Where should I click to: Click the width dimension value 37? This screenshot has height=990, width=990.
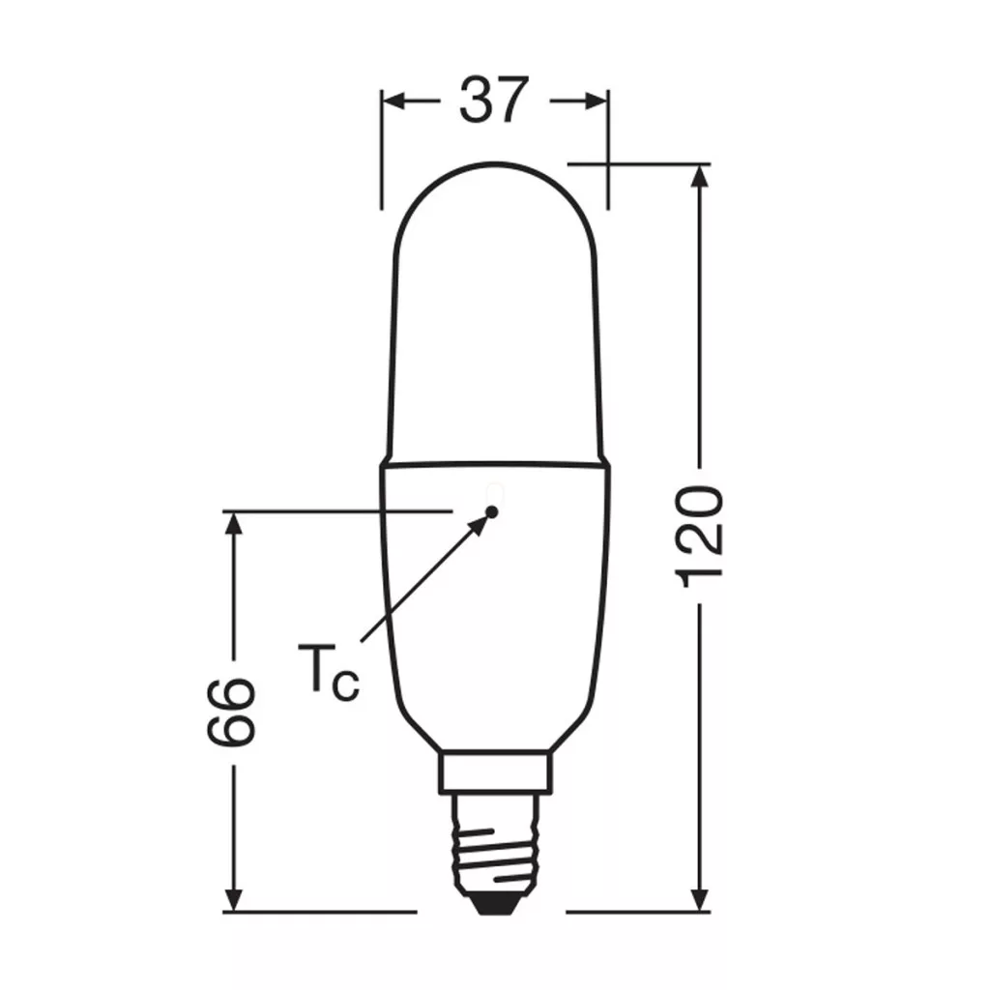[493, 100]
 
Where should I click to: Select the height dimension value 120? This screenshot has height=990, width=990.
[698, 537]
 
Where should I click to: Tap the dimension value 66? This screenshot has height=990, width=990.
[231, 712]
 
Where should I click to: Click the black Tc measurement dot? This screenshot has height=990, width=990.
[492, 511]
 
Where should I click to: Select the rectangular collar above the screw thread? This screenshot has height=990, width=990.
[495, 772]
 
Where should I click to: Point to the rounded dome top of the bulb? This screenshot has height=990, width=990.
[495, 166]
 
